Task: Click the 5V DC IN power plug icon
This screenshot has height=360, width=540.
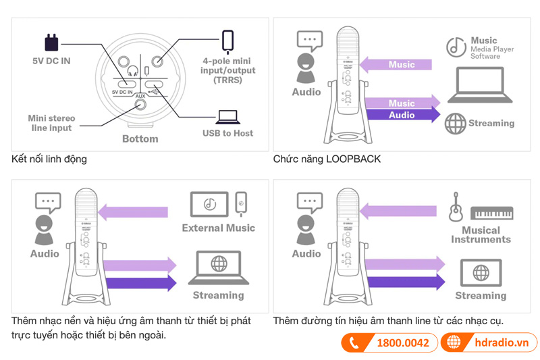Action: tap(51, 43)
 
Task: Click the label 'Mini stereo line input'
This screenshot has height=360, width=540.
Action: tap(51, 123)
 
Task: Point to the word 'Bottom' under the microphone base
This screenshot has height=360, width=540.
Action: tap(140, 138)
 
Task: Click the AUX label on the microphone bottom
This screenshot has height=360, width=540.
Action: tap(140, 97)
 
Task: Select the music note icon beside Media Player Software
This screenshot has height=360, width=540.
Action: tap(456, 47)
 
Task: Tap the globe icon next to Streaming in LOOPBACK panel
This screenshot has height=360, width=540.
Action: tap(456, 123)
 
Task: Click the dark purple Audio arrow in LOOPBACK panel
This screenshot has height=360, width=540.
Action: tap(404, 115)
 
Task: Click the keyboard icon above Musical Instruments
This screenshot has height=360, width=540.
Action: tap(491, 213)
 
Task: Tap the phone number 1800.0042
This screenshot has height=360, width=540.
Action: tap(402, 343)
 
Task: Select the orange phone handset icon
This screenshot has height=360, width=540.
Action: tap(353, 343)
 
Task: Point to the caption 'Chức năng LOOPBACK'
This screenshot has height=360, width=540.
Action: tap(327, 159)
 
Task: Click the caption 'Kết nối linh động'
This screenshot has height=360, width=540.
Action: tap(49, 159)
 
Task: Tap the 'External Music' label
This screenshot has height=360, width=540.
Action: tap(218, 228)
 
